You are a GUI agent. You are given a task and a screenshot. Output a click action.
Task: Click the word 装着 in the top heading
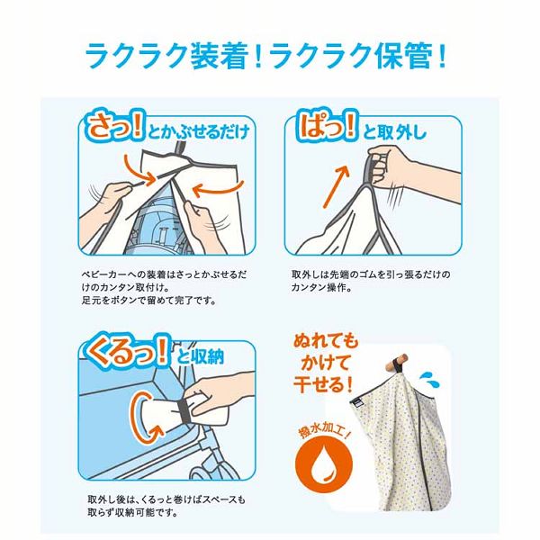[x=215, y=56]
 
